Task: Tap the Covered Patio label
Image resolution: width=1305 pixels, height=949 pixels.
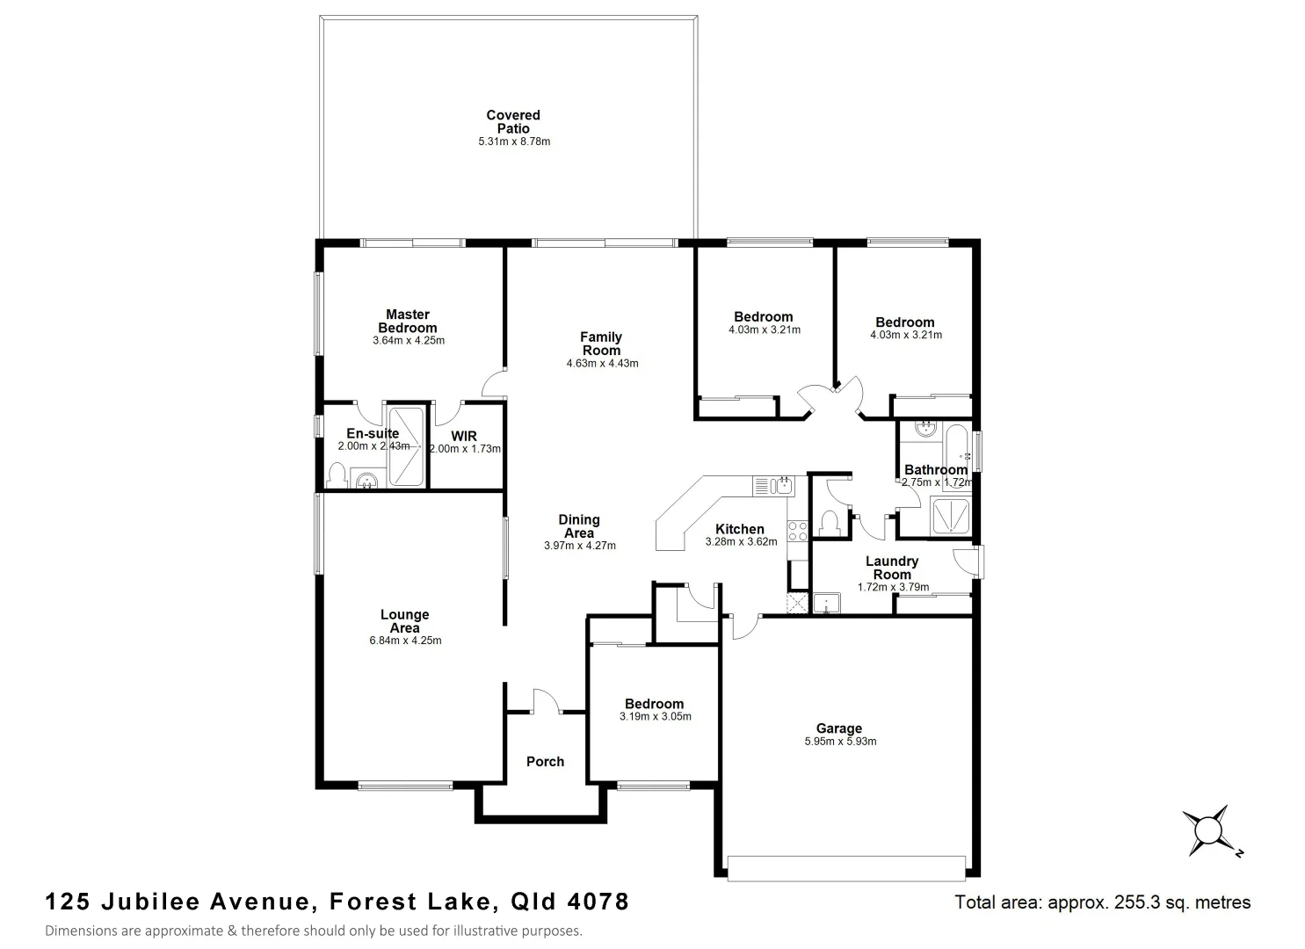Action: click(x=513, y=121)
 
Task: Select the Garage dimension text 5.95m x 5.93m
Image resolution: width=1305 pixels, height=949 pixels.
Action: click(x=840, y=742)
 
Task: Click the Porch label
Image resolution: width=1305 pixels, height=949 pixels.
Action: click(x=545, y=762)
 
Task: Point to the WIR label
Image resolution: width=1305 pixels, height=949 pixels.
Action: click(x=464, y=436)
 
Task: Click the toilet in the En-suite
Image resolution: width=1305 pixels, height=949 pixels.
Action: click(x=336, y=475)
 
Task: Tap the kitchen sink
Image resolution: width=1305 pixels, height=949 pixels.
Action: click(x=773, y=485)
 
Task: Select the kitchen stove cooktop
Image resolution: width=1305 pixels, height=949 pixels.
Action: click(x=797, y=531)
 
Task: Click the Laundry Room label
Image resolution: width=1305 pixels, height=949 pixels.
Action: click(x=892, y=568)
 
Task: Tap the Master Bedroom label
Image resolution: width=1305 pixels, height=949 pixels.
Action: click(x=408, y=321)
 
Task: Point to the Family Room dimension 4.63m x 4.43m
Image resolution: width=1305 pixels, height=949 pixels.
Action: click(x=602, y=363)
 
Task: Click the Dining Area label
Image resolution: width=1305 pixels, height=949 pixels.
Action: click(x=579, y=526)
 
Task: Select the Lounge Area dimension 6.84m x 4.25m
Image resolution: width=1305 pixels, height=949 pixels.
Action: click(x=405, y=641)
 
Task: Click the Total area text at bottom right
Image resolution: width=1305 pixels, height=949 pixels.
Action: click(x=1102, y=902)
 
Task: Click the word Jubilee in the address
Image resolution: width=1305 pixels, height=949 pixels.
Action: click(x=156, y=902)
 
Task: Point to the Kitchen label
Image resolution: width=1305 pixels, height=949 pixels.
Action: click(x=740, y=529)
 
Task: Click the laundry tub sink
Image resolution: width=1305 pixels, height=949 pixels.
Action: click(x=827, y=603)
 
